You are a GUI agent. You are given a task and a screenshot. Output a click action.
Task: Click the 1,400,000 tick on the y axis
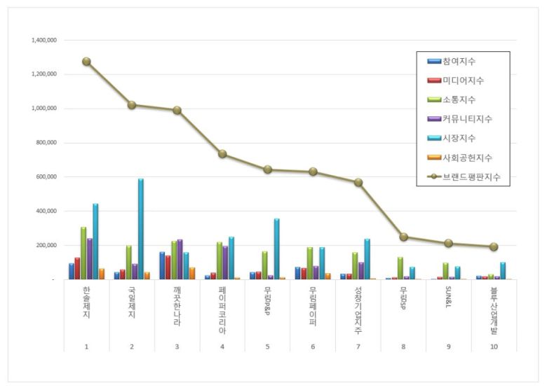click(44, 41)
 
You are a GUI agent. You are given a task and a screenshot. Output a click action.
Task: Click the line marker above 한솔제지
click(86, 62)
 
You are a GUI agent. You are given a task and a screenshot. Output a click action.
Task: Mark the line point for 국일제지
click(132, 105)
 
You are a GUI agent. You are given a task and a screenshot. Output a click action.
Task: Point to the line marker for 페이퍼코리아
click(222, 154)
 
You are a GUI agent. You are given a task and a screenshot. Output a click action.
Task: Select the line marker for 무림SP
click(404, 237)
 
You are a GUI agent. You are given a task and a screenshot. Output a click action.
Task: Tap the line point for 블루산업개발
click(494, 246)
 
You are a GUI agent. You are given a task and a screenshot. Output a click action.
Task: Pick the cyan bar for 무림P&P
click(276, 249)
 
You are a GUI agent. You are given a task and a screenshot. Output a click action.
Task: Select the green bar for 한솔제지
click(83, 253)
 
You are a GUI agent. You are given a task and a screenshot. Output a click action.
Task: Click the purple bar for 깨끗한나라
click(180, 260)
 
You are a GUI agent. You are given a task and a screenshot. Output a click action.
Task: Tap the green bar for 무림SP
click(400, 268)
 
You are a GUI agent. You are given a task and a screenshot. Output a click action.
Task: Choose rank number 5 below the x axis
click(267, 346)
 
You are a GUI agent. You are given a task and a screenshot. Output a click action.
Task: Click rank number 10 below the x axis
click(494, 346)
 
